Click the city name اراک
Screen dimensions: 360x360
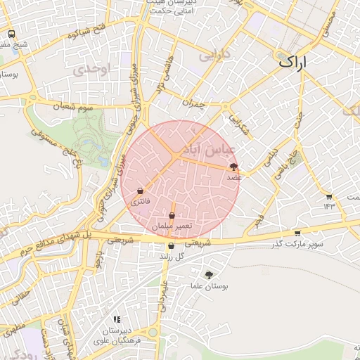click(293, 61)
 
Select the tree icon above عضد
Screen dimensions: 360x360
click(233, 167)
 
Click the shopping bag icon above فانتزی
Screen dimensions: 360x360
click(141, 191)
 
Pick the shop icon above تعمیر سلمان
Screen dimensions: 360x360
click(172, 215)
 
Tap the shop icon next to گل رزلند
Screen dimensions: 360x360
click(171, 246)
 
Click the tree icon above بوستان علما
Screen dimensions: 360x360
click(209, 274)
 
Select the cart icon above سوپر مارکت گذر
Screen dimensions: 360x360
click(298, 233)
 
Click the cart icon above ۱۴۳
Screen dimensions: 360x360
click(328, 196)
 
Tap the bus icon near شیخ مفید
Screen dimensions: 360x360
click(11, 34)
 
